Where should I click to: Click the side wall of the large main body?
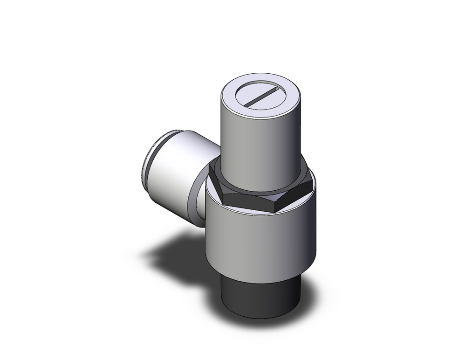click(261, 242)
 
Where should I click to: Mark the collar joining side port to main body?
click(200, 196)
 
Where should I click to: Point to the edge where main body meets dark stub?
click(259, 283)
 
